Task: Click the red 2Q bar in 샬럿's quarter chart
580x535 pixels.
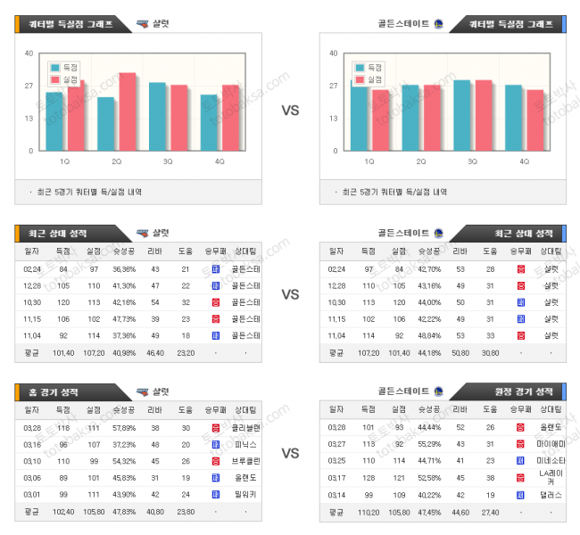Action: click(128, 111)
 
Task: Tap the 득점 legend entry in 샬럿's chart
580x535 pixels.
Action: click(67, 68)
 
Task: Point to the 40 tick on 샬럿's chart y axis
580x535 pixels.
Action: click(29, 53)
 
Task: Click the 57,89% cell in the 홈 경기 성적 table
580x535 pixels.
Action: click(124, 427)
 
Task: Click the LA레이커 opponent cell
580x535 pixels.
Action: click(551, 476)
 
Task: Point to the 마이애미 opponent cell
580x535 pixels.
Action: click(551, 443)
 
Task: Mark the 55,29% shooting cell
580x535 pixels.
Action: click(429, 443)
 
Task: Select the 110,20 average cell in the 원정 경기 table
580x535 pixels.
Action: click(368, 512)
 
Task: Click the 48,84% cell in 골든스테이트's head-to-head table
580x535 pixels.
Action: click(429, 335)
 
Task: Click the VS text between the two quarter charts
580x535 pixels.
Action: click(290, 111)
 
